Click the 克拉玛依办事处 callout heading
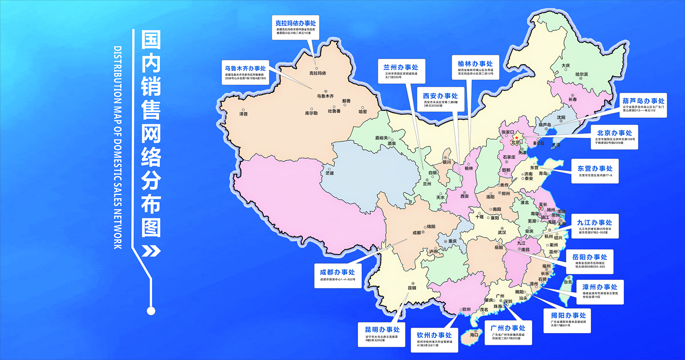pos(295,23)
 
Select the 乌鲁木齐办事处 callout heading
pos(245,68)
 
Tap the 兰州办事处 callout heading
pos(401,67)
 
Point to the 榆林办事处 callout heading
pos(475,64)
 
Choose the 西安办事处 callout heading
pos(440,96)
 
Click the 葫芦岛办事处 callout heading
pos(643,101)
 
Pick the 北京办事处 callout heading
pos(614,133)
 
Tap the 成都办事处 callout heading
pos(337,272)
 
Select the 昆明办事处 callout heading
pos(382,329)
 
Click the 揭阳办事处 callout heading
pos(568,315)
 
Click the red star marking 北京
pos(517,137)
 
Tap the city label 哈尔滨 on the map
pos(582,74)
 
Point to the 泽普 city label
pos(243,114)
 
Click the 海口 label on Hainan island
pos(474,335)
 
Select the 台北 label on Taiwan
pos(568,282)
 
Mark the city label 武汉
pos(502,232)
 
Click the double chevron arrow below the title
pos(151,251)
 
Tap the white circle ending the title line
pos(151,311)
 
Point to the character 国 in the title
pos(151,40)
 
